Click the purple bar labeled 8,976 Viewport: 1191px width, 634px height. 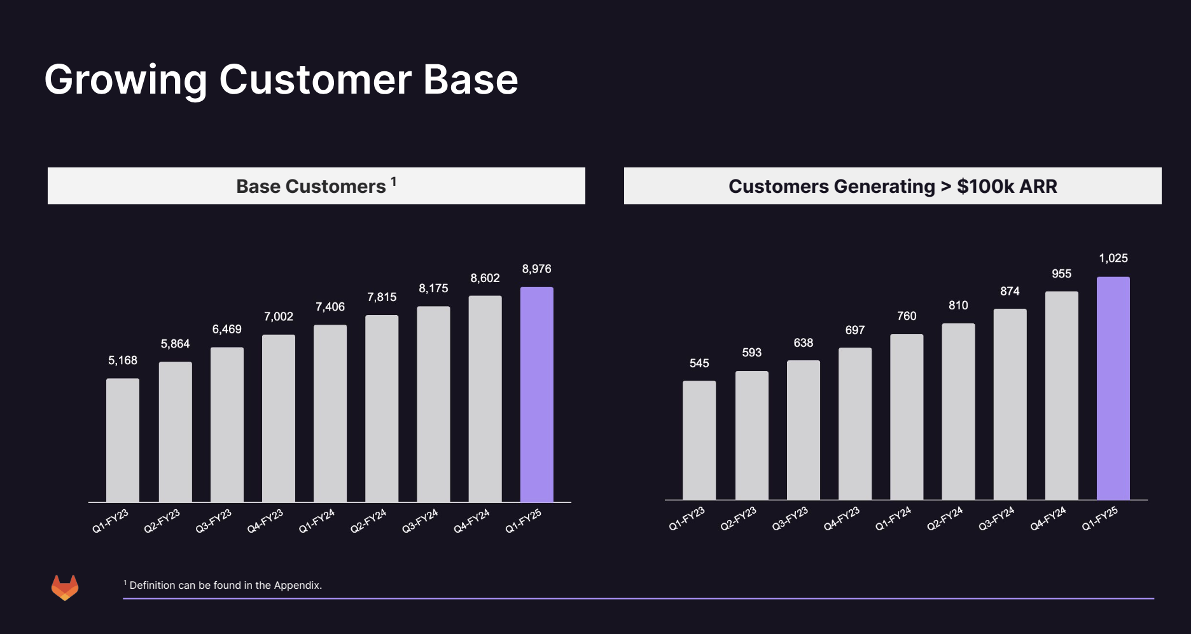(x=536, y=394)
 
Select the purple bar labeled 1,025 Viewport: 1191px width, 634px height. (x=1113, y=388)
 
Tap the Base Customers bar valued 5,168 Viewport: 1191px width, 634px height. (x=123, y=440)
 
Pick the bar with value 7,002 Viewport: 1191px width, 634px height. (x=279, y=418)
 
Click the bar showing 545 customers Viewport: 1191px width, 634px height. (x=699, y=440)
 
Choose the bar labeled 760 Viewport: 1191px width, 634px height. (x=907, y=417)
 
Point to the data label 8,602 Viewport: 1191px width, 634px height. (x=485, y=278)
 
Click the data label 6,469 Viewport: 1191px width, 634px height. (x=226, y=329)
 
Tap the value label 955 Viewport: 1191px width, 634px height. (x=1061, y=274)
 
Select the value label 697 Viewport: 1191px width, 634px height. (x=854, y=330)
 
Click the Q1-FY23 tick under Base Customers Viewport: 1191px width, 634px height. (x=111, y=521)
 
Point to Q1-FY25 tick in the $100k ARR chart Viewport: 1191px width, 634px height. (x=1099, y=519)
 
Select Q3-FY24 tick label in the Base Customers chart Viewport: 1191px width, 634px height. (x=420, y=521)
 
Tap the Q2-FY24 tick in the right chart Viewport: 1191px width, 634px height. (x=945, y=519)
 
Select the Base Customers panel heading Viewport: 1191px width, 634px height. (x=311, y=187)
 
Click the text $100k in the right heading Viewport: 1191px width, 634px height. (x=986, y=187)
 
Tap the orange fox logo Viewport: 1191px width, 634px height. (x=65, y=588)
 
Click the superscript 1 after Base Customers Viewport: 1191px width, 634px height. (x=394, y=181)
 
